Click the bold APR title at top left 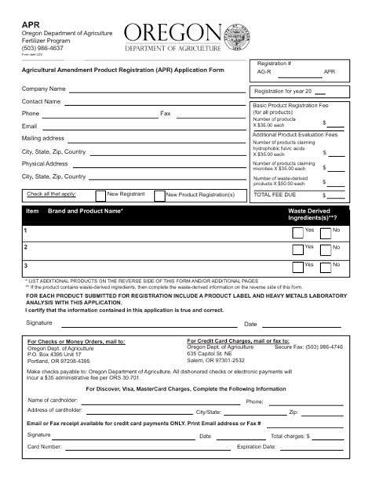click(30, 24)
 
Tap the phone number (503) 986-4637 click(42, 49)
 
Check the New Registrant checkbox click(100, 195)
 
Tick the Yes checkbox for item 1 click(297, 232)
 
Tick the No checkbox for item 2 click(326, 250)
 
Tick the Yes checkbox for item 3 click(297, 268)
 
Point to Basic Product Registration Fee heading click(290, 105)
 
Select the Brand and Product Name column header click(86, 212)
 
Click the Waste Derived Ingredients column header click(312, 215)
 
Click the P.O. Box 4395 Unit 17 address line click(60, 355)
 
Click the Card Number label click(45, 446)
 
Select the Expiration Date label click(257, 446)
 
